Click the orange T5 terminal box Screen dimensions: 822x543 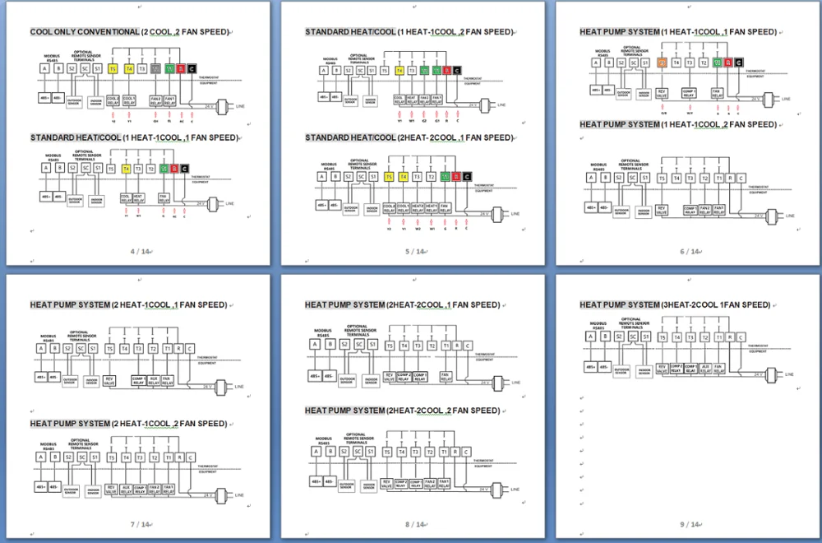[x=662, y=63]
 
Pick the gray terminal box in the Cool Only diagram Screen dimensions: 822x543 [x=155, y=69]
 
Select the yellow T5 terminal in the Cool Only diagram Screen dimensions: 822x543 [x=113, y=69]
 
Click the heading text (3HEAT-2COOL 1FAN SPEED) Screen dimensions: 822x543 [x=716, y=305]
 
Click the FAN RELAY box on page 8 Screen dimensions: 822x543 [x=445, y=376]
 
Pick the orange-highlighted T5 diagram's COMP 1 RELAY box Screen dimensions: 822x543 [x=690, y=93]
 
